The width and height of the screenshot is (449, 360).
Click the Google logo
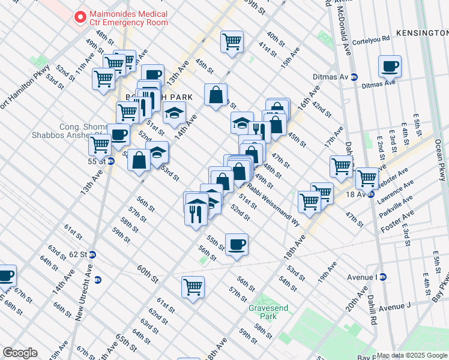click(20, 353)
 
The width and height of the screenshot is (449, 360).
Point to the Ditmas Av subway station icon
click(354, 77)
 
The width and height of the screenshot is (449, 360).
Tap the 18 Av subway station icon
click(372, 194)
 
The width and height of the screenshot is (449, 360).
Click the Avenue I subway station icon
click(383, 277)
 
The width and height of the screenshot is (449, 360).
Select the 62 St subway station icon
click(91, 254)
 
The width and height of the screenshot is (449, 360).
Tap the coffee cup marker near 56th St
click(237, 244)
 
